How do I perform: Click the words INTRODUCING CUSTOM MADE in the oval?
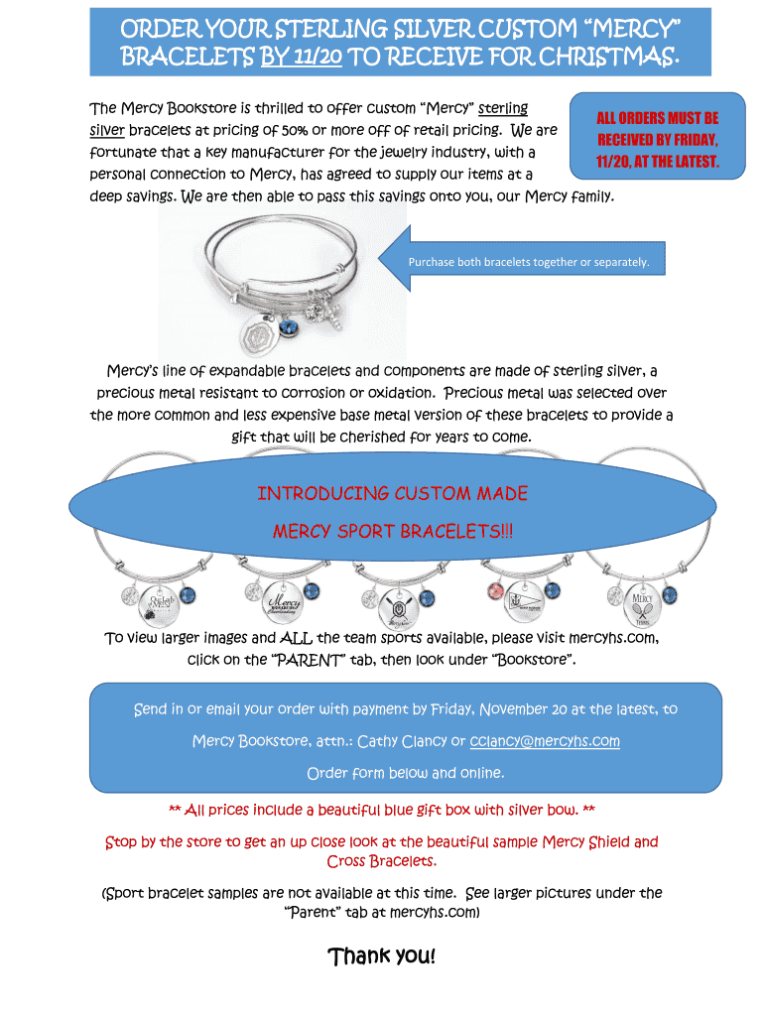click(392, 494)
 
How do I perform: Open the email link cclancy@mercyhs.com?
click(545, 741)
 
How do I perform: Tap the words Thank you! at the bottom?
click(381, 957)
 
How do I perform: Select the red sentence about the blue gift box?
click(382, 811)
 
